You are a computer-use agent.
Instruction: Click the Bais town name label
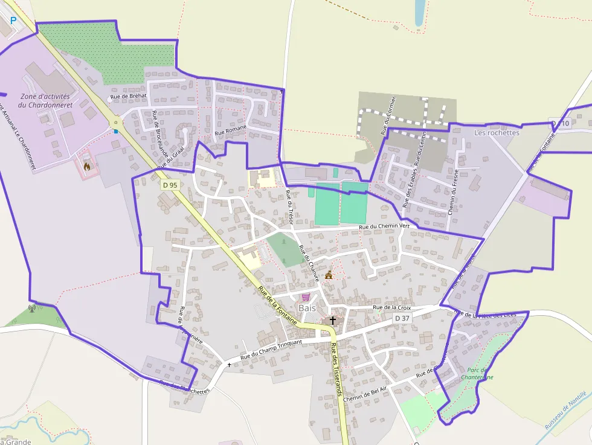(307, 308)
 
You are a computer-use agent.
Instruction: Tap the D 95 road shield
(170, 185)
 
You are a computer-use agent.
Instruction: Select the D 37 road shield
(402, 318)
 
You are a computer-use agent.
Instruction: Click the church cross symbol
(332, 320)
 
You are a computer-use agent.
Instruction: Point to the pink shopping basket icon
(306, 297)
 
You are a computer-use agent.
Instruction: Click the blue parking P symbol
(13, 20)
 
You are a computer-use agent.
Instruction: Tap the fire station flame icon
(87, 165)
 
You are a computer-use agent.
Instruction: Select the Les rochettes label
(497, 133)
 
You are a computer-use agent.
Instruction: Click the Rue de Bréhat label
(129, 96)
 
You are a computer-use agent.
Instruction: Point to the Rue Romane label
(230, 130)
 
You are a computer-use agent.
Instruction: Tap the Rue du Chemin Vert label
(384, 226)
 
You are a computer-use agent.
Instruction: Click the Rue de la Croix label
(392, 307)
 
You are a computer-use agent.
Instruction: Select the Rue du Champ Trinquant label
(271, 350)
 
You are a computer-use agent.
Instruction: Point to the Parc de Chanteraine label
(480, 373)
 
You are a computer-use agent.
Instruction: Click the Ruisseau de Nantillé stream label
(565, 411)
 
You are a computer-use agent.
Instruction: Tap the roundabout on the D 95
(115, 123)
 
